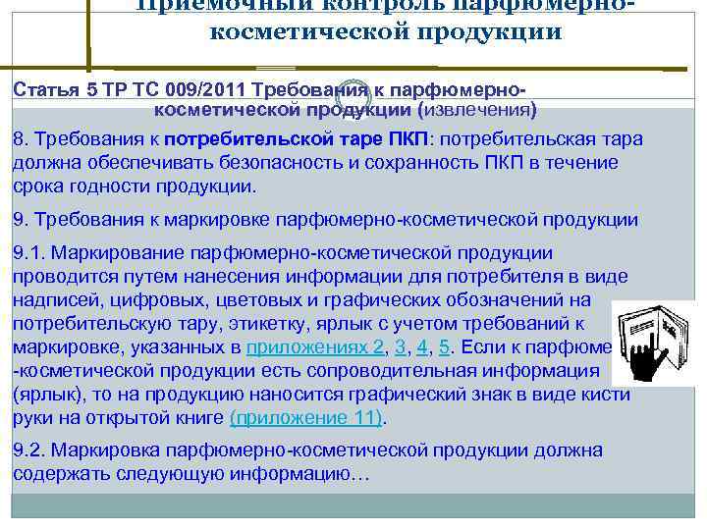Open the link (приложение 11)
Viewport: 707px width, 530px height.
(x=307, y=418)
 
